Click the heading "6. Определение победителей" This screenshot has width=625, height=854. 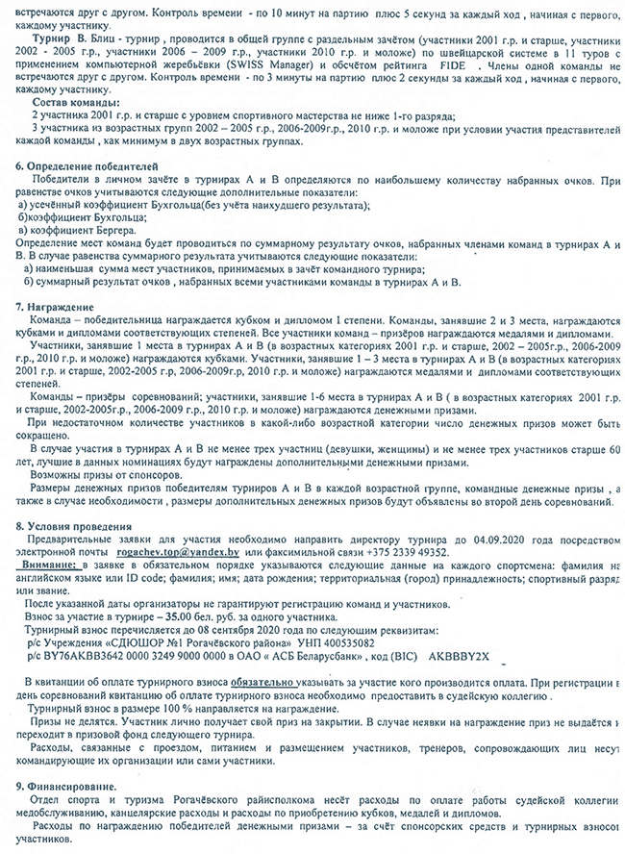point(77,166)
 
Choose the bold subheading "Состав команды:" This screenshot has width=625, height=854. point(78,102)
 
